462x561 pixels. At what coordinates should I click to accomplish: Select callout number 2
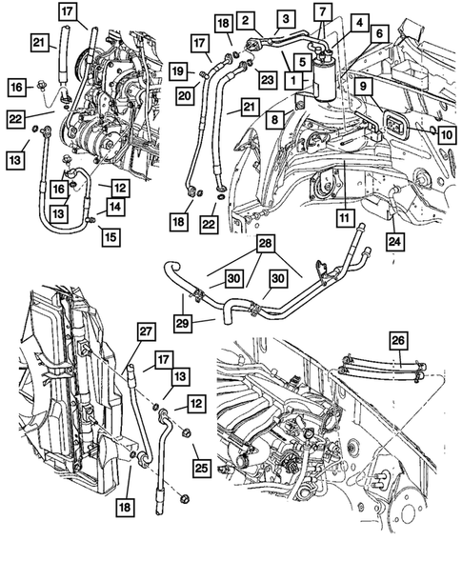[245, 20]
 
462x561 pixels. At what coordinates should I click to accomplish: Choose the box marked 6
[378, 34]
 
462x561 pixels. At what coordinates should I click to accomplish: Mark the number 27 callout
[147, 331]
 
